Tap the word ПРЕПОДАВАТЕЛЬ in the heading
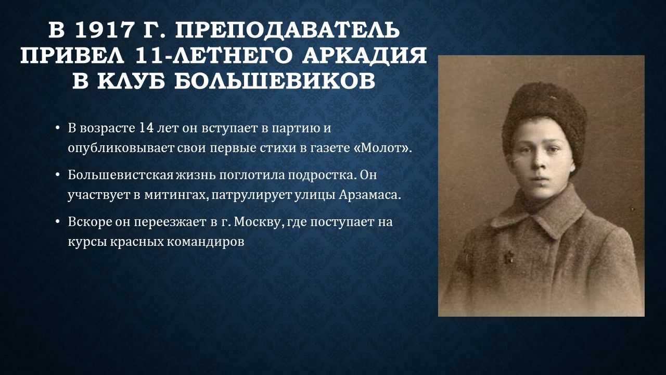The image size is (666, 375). pyautogui.click(x=287, y=30)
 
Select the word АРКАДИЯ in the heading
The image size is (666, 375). pyautogui.click(x=365, y=56)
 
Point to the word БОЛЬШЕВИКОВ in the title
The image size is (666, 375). pyautogui.click(x=275, y=80)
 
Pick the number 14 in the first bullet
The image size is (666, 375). pyautogui.click(x=146, y=128)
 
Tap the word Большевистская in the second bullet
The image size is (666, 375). pyautogui.click(x=120, y=175)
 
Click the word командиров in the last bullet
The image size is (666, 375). pyautogui.click(x=205, y=242)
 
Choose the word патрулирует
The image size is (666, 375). pyautogui.click(x=251, y=195)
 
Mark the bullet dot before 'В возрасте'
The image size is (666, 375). pyautogui.click(x=58, y=129)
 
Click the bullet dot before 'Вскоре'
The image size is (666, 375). pyautogui.click(x=58, y=222)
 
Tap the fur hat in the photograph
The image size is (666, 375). pyautogui.click(x=544, y=119)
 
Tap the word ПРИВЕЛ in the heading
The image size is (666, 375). pyautogui.click(x=72, y=56)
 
